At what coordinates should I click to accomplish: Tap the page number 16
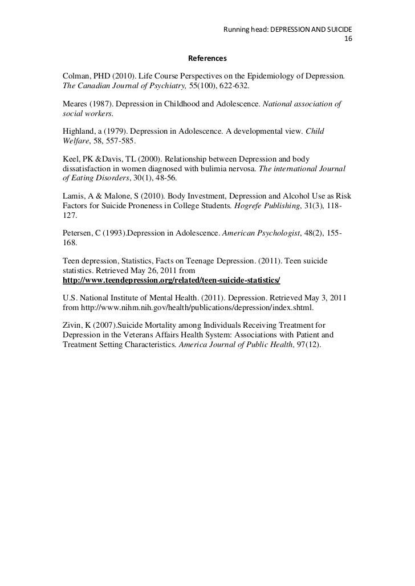tap(349, 39)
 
